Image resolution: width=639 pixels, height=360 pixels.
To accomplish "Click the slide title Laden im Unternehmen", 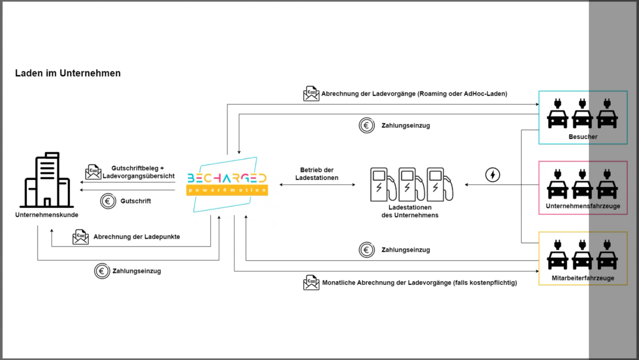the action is point(68,73).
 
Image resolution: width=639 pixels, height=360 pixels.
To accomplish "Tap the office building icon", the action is point(47,180).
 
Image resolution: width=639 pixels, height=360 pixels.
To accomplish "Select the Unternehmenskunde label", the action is point(47,215).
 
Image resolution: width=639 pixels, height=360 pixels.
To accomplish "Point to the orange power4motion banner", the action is point(227,190).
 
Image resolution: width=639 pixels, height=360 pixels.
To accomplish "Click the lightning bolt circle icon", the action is point(493,175).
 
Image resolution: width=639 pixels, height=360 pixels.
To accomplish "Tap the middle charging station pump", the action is point(411,185).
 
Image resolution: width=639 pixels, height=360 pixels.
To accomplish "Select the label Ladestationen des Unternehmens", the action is point(410,211).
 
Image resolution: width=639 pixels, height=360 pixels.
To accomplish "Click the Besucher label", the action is point(583,137).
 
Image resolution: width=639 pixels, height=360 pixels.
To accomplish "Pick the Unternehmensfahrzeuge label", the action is point(583,206).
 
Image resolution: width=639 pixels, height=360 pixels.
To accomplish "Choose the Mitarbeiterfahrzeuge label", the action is point(583,278).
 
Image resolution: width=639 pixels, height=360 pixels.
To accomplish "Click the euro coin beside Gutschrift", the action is point(108,201).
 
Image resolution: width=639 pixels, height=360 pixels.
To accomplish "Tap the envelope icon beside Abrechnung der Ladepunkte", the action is point(81,237).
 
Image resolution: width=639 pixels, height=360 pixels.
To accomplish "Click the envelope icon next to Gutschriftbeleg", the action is point(93,172).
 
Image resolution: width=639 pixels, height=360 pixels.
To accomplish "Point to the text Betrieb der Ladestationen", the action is point(316,174).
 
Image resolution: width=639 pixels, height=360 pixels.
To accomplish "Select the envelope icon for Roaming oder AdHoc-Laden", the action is point(311,93).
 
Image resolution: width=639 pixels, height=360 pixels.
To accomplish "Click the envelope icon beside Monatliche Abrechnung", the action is point(311,282).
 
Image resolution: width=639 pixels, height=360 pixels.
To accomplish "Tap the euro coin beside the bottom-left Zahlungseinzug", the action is point(102,271).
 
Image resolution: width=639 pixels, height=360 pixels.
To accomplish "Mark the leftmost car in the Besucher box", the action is point(558,114).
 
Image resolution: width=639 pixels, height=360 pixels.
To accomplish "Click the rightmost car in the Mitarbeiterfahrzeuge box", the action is point(607,255).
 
